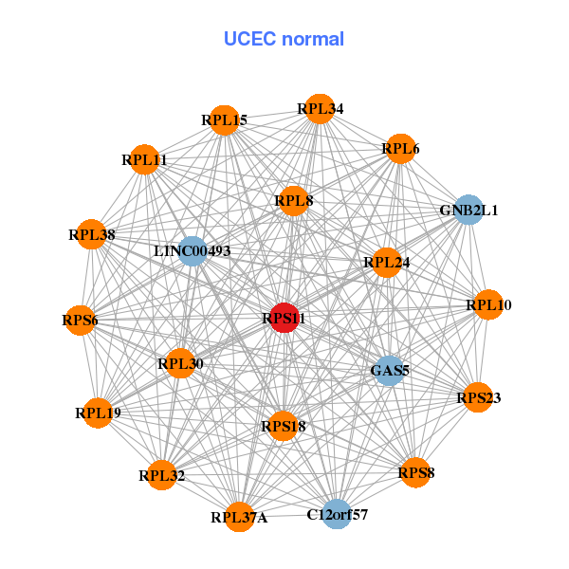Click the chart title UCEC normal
tap(284, 39)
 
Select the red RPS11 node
tap(284, 319)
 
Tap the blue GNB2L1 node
tap(468, 210)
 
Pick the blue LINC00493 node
tap(193, 251)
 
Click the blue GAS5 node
tap(390, 370)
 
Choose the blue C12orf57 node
tap(337, 515)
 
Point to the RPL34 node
tap(320, 109)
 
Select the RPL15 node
tap(224, 120)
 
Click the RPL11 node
tap(144, 160)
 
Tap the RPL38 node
tap(92, 234)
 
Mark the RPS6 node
tap(81, 320)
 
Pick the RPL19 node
tap(98, 413)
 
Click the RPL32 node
tap(161, 475)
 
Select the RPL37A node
tap(239, 517)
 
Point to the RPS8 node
tap(415, 471)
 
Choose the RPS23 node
tap(478, 397)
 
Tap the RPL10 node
tap(488, 304)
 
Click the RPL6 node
tap(400, 149)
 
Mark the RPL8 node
tap(294, 200)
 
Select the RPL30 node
tap(180, 363)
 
